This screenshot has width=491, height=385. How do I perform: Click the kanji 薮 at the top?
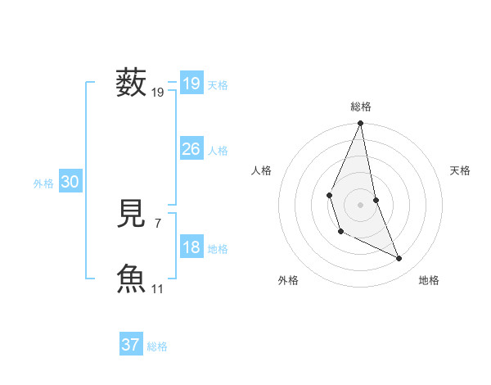click(x=131, y=84)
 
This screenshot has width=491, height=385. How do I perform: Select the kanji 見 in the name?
click(x=131, y=213)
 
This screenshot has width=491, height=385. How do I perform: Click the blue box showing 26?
click(x=191, y=149)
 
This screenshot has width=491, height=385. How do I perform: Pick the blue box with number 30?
click(x=70, y=183)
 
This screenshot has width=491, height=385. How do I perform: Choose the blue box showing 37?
click(x=131, y=345)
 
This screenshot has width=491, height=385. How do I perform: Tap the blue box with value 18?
click(x=191, y=247)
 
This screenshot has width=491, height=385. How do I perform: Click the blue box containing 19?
click(x=191, y=84)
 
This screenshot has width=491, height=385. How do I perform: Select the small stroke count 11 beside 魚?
click(x=158, y=288)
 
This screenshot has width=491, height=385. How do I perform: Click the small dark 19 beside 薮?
click(x=158, y=93)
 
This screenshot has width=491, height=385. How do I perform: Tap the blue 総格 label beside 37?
click(x=157, y=346)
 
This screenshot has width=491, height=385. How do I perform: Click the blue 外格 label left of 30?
click(x=43, y=183)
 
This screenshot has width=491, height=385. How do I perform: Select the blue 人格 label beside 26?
click(x=218, y=151)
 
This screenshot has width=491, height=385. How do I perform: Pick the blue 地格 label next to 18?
click(x=218, y=249)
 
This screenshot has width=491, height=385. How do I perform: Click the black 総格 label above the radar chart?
click(x=360, y=106)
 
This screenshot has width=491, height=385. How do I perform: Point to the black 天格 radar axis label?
click(x=460, y=170)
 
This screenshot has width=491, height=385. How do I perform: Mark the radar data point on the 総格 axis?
click(x=360, y=124)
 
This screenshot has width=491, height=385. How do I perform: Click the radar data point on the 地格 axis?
click(x=399, y=259)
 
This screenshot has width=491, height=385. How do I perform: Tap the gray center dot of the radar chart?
click(x=360, y=204)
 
